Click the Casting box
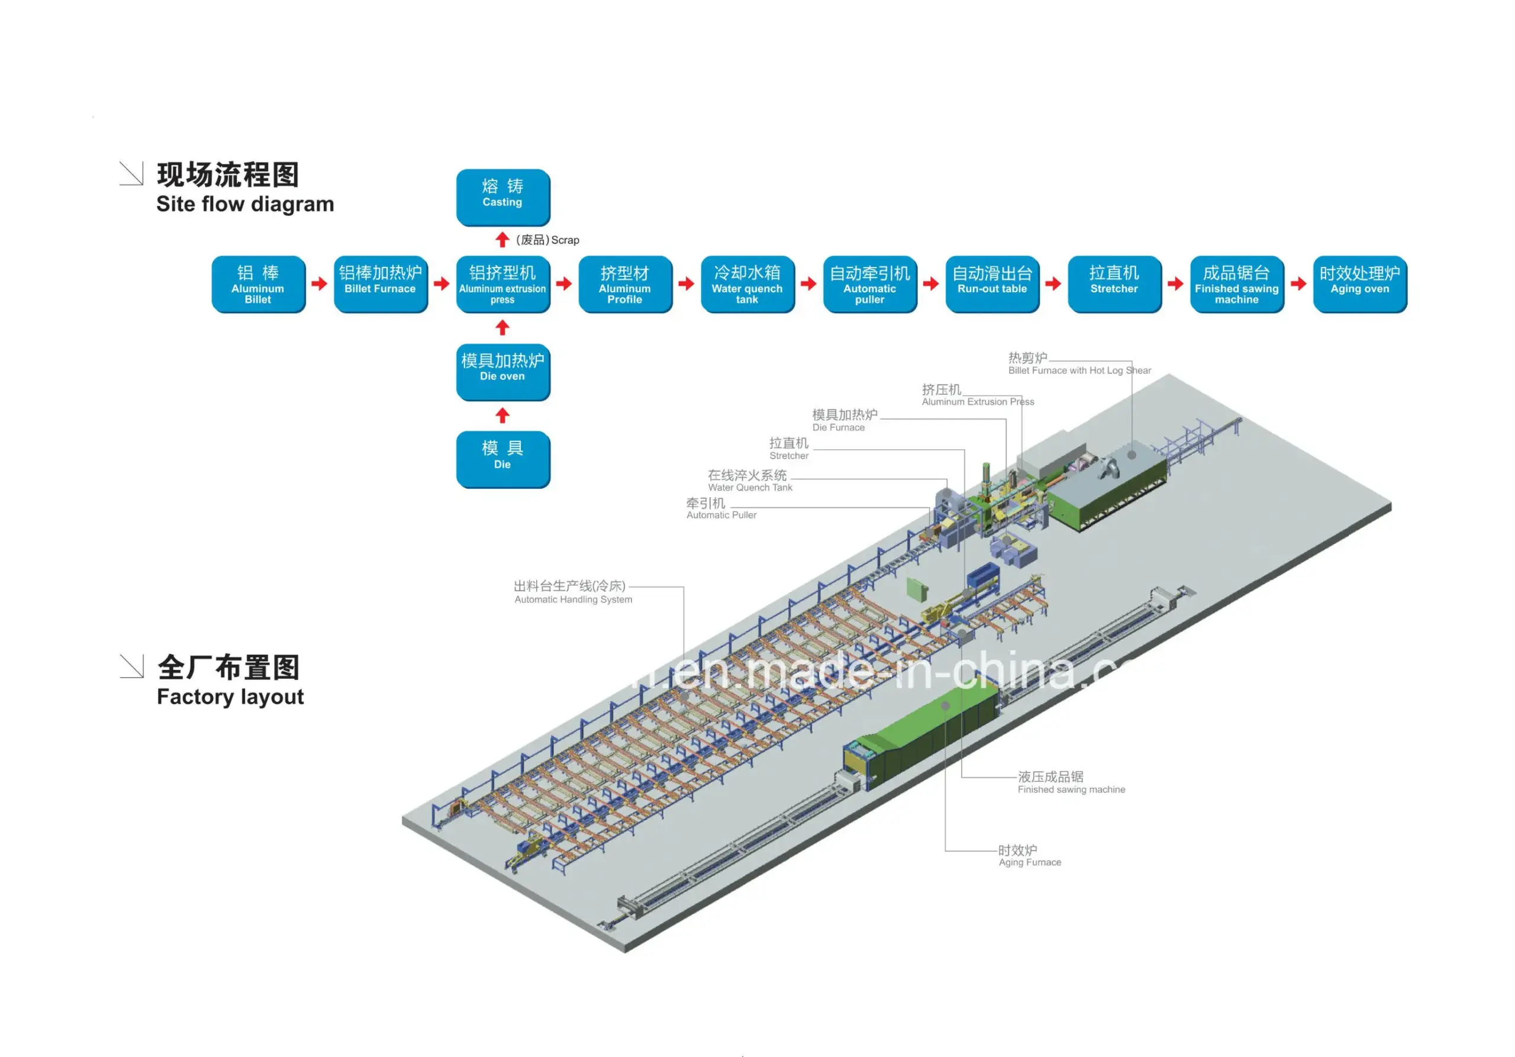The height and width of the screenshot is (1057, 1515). (503, 196)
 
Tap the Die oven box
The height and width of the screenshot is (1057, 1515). (503, 372)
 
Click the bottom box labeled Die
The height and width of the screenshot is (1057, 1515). (503, 459)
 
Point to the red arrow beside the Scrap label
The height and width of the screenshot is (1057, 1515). (502, 240)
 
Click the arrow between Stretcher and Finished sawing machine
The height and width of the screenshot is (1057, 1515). (1175, 283)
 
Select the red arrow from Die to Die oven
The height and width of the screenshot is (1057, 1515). (502, 415)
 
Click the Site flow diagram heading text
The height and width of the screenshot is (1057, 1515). (245, 204)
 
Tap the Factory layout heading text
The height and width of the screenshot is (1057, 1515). (230, 697)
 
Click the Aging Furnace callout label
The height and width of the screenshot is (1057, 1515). (1029, 856)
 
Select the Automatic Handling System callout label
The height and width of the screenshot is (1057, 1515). (572, 592)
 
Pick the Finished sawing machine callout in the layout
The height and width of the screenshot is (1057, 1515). (1071, 782)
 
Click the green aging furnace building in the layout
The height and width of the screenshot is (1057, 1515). (924, 736)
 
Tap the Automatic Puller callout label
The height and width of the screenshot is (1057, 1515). (721, 509)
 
